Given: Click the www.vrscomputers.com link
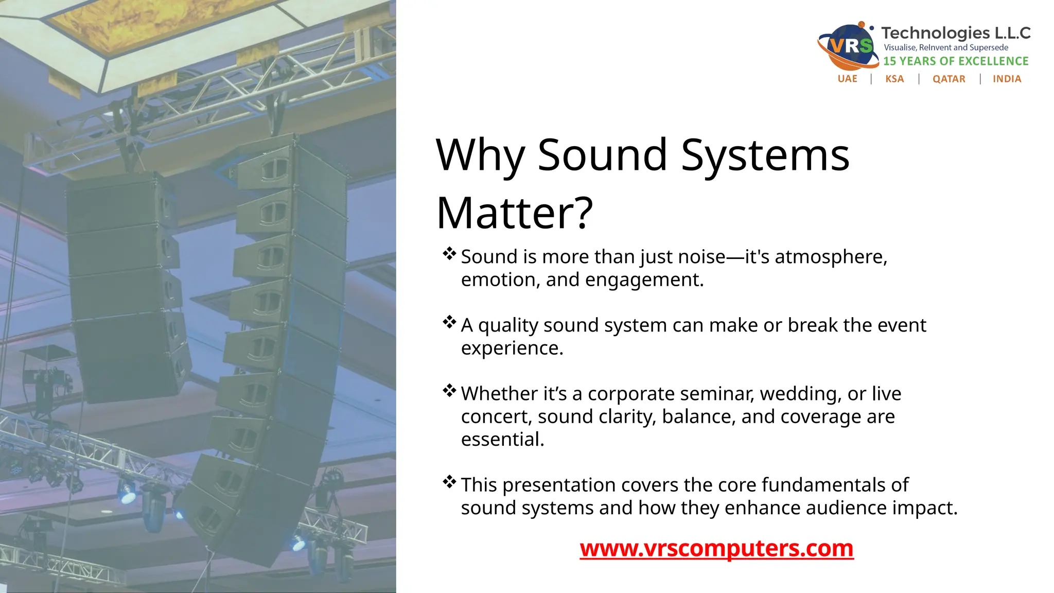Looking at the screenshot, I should click(x=716, y=548).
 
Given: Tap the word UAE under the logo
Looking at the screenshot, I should click(x=847, y=79).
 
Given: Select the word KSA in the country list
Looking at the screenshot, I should click(x=894, y=79).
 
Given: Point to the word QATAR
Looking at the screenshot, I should click(x=948, y=79).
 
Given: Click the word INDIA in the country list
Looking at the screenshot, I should click(x=1007, y=79).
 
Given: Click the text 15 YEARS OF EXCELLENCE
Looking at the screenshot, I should click(x=956, y=61).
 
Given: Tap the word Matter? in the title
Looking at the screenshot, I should click(x=515, y=213).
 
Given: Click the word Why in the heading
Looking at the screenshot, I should click(x=480, y=155).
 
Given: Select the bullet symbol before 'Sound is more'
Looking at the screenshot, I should click(x=449, y=254).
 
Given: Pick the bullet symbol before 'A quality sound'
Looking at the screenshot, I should click(x=449, y=322).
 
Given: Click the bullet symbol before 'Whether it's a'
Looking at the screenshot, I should click(x=449, y=391).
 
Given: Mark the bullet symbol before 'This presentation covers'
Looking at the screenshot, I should click(x=449, y=482).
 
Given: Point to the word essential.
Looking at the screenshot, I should click(x=502, y=440).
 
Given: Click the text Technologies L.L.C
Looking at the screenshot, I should click(x=956, y=33).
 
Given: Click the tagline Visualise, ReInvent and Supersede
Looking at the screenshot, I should click(x=946, y=47).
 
